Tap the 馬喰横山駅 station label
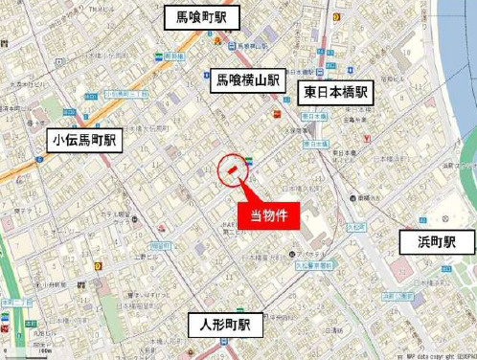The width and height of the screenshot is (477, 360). click(x=246, y=81)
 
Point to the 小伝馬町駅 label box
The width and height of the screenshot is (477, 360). click(x=85, y=140)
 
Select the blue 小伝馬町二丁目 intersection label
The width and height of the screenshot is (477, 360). click(x=125, y=95)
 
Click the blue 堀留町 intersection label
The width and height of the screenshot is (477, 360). click(x=159, y=244)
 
